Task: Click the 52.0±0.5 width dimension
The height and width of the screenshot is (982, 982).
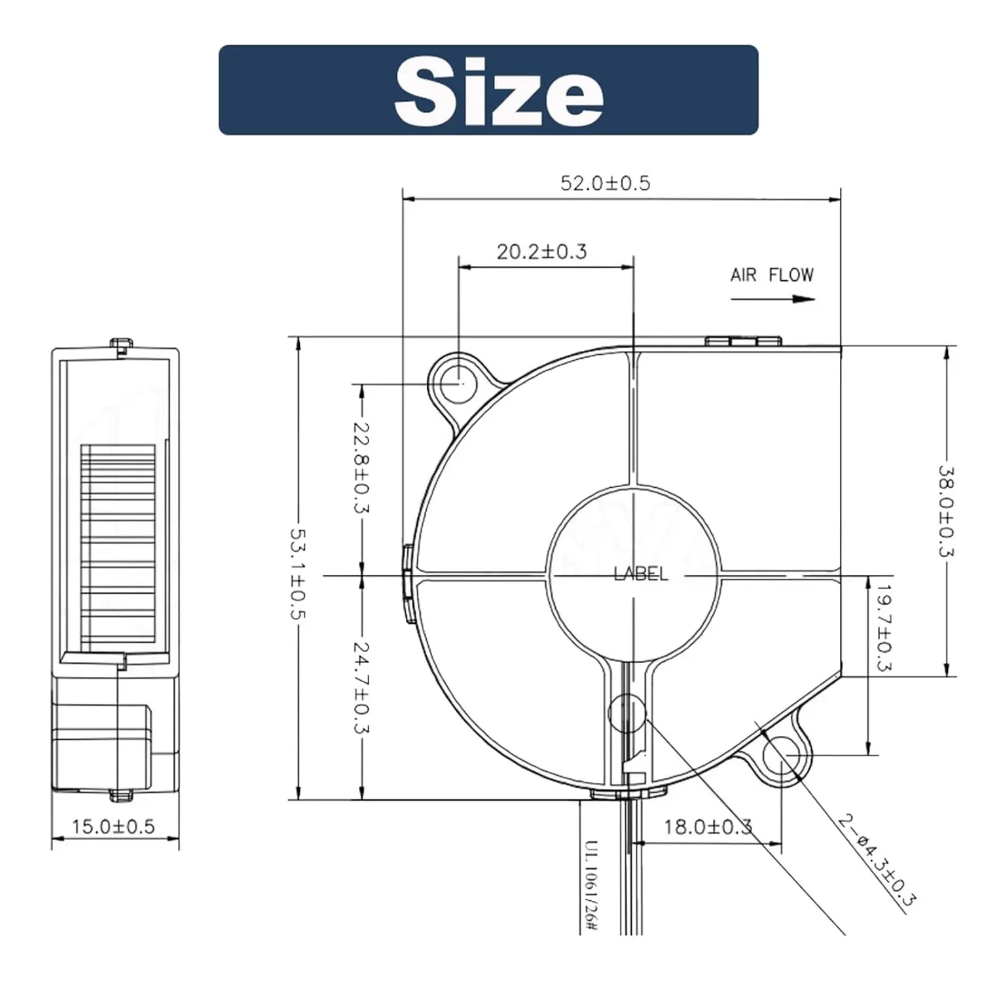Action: (x=605, y=183)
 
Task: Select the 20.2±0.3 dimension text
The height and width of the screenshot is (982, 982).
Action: (x=541, y=251)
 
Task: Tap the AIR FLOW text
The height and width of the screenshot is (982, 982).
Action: (x=772, y=275)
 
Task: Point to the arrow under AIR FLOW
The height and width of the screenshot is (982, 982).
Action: (x=773, y=299)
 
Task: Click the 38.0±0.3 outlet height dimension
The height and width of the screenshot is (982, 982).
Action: (x=946, y=511)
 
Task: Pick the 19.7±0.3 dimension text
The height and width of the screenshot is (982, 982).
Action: (x=884, y=628)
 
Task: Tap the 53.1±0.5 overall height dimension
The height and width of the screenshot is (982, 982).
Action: (x=298, y=574)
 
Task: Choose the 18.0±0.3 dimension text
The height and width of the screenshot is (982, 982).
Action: (x=707, y=827)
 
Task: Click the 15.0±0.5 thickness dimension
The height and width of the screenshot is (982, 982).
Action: (x=113, y=826)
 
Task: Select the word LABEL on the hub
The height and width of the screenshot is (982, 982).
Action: (x=641, y=574)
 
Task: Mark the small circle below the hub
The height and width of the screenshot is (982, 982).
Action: (x=627, y=713)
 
